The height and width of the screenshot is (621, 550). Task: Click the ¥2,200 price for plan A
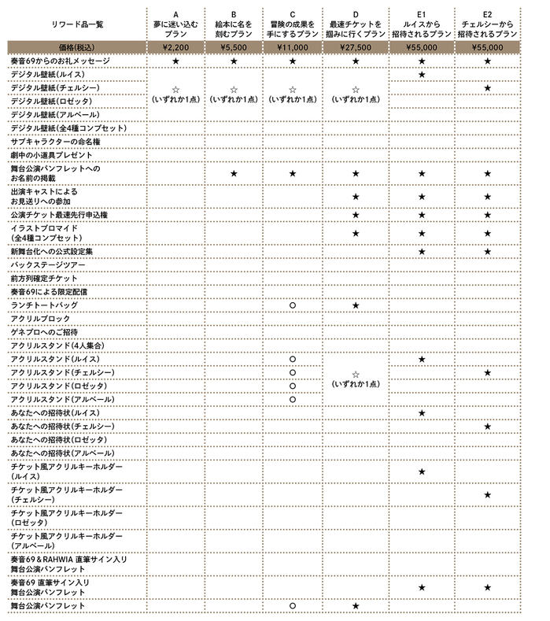175,47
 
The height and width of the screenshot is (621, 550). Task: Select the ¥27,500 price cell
356,47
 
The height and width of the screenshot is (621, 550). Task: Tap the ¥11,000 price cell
292,47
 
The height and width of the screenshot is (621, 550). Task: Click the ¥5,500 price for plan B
234,47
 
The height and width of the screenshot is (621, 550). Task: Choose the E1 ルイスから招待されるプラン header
422,24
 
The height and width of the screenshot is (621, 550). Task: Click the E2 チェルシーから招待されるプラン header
486,24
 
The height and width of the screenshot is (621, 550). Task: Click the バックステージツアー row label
48,265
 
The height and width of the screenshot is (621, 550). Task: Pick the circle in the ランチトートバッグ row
292,305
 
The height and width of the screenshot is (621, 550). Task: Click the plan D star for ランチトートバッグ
356,305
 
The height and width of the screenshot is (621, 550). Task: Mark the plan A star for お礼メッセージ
175,61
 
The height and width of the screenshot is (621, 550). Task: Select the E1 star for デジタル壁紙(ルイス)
422,74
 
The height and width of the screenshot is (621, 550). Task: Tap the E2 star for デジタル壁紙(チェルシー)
487,87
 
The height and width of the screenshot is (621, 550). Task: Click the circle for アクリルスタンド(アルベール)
292,399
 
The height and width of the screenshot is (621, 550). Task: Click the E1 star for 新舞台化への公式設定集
422,251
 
